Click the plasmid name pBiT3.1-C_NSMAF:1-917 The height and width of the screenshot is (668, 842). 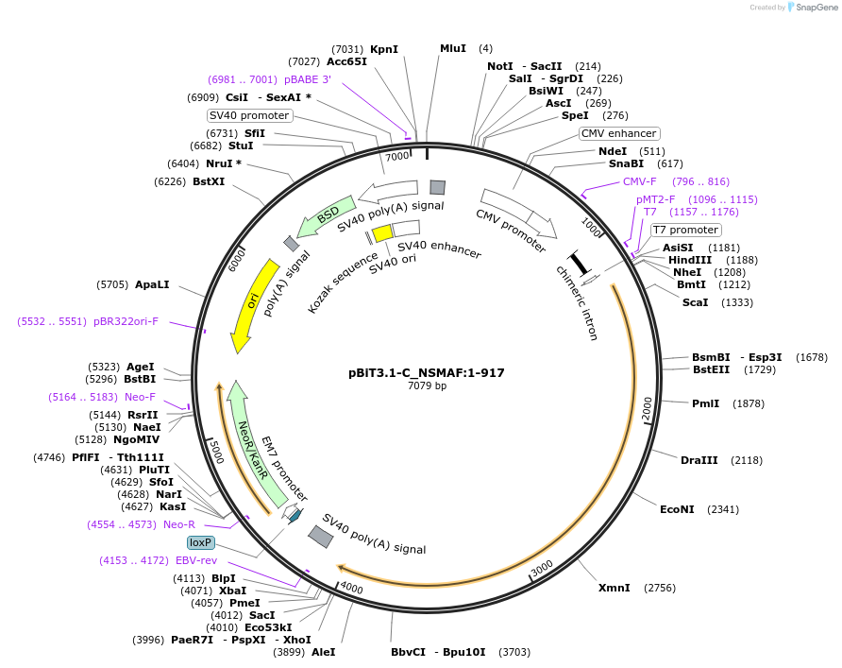click(x=426, y=372)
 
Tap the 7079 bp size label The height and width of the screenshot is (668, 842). click(x=426, y=385)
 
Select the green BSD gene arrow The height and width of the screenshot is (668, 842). click(x=326, y=216)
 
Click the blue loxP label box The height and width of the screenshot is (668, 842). click(x=201, y=543)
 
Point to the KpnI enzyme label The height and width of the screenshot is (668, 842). click(x=384, y=49)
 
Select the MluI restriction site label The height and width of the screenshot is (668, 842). click(x=453, y=48)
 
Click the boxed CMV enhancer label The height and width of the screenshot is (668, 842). click(x=618, y=133)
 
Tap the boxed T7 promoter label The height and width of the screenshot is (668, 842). click(x=686, y=230)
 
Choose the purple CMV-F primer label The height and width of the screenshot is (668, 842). click(x=639, y=181)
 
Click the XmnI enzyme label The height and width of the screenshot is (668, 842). click(x=614, y=588)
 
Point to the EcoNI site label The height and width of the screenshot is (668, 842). click(x=677, y=509)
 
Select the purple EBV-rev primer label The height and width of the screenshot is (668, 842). click(x=196, y=560)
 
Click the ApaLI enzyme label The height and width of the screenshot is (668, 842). click(x=154, y=283)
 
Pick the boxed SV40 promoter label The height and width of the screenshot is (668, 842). click(x=250, y=115)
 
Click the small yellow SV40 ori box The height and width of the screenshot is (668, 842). click(x=381, y=232)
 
